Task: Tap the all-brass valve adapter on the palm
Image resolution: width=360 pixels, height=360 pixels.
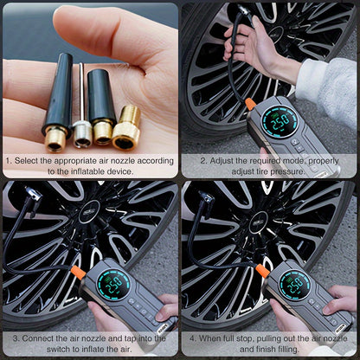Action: pyautogui.click(x=127, y=128)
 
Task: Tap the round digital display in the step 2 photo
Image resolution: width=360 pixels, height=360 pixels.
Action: pyautogui.click(x=280, y=122)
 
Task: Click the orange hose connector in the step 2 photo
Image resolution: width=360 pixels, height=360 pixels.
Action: pyautogui.click(x=250, y=104)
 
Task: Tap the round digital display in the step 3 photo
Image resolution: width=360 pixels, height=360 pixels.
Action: pyautogui.click(x=112, y=285)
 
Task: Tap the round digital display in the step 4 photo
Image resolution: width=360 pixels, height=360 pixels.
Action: pyautogui.click(x=294, y=285)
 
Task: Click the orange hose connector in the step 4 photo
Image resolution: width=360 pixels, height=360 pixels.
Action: pyautogui.click(x=262, y=270)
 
